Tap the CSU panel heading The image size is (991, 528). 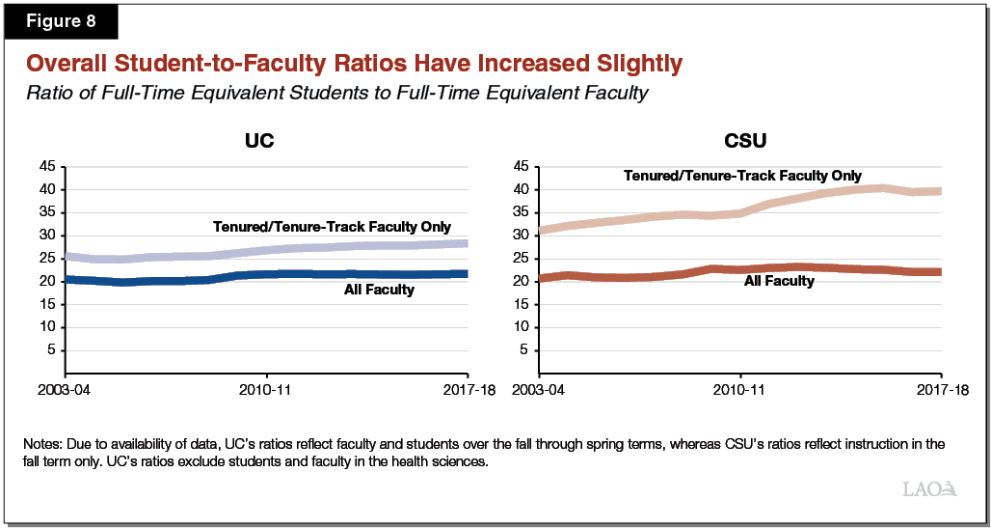pyautogui.click(x=744, y=141)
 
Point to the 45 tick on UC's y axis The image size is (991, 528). pyautogui.click(x=46, y=167)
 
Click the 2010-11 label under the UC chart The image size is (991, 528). pyautogui.click(x=267, y=391)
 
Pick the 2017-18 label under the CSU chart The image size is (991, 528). pyautogui.click(x=942, y=391)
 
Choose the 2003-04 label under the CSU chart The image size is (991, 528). pyautogui.click(x=539, y=391)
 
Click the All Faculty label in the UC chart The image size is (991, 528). pyautogui.click(x=379, y=290)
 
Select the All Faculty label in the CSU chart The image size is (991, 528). pyautogui.click(x=779, y=281)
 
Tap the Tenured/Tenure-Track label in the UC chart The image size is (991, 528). pyautogui.click(x=332, y=227)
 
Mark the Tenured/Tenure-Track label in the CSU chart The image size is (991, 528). pyautogui.click(x=742, y=176)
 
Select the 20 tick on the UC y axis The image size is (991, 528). pyautogui.click(x=46, y=281)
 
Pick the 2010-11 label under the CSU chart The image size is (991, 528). pyautogui.click(x=740, y=391)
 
